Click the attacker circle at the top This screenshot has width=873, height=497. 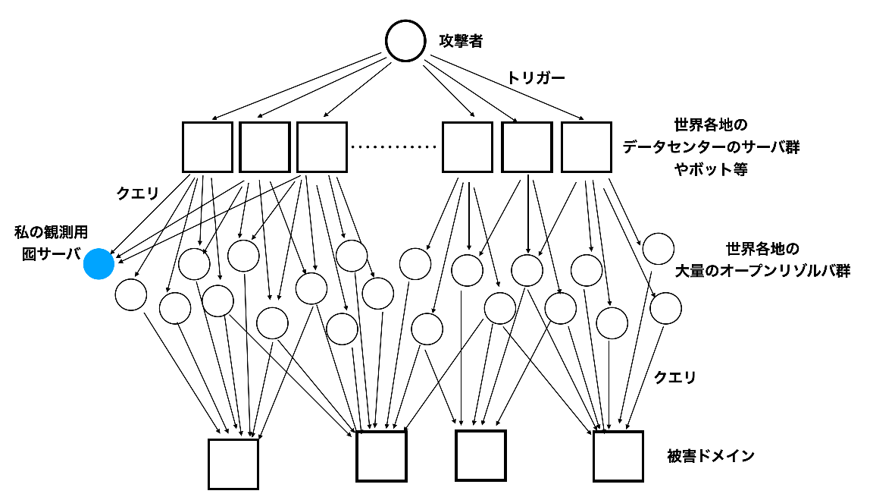[405, 40]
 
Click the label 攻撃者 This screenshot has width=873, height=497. [461, 41]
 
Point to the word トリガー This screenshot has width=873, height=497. [536, 77]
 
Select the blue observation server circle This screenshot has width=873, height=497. [99, 263]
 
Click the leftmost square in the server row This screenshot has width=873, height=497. [208, 146]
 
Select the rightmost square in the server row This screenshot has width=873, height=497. [586, 146]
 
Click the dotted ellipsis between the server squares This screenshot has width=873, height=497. [394, 147]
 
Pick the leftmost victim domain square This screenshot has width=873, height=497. [233, 464]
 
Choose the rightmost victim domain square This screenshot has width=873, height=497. [618, 456]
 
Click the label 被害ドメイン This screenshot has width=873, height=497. [710, 456]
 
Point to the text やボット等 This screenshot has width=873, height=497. [710, 170]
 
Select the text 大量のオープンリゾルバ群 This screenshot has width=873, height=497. [762, 271]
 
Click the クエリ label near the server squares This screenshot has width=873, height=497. [137, 193]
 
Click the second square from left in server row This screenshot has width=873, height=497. [265, 146]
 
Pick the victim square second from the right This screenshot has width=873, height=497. [480, 455]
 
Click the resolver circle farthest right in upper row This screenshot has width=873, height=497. [658, 249]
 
